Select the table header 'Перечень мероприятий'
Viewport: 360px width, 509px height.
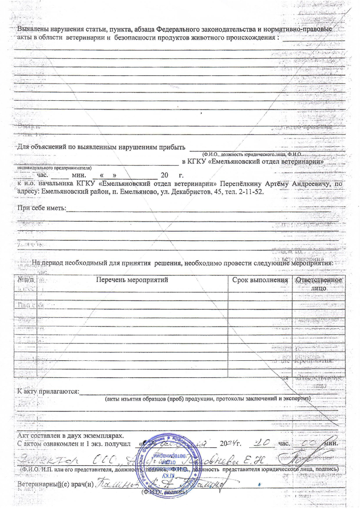pyautogui.click(x=132, y=279)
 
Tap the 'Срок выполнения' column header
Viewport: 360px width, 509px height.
pyautogui.click(x=260, y=279)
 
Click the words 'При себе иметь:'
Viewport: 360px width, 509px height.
pyautogui.click(x=41, y=208)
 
